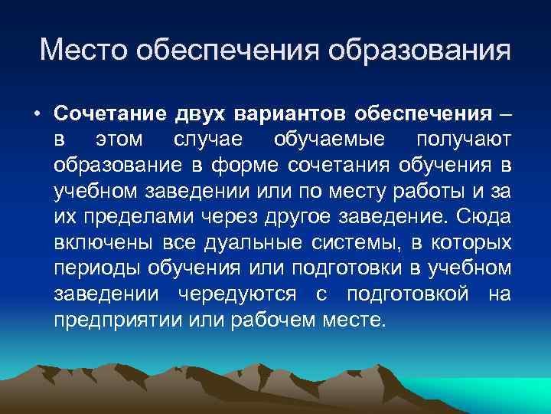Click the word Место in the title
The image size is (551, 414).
click(x=83, y=51)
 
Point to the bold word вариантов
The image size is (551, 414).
click(x=290, y=114)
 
